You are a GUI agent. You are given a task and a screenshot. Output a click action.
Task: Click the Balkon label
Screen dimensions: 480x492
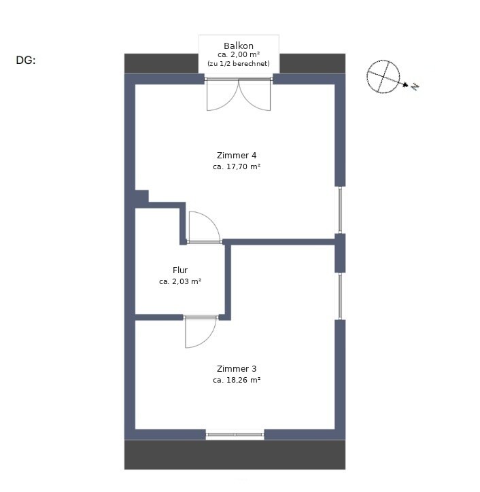239,46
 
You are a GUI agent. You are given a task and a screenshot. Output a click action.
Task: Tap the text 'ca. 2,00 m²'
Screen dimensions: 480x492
239,54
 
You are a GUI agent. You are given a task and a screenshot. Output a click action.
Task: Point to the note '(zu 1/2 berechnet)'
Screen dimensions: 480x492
239,63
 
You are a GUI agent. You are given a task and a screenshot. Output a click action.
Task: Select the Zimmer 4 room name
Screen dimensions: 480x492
237,156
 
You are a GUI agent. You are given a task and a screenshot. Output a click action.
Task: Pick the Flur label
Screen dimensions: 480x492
180,270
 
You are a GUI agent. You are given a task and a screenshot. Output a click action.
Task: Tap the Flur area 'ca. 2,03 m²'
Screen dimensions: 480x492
180,281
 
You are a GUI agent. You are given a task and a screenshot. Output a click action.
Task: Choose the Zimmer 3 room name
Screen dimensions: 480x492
237,369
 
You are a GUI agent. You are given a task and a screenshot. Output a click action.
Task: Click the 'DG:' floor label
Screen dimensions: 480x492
26,60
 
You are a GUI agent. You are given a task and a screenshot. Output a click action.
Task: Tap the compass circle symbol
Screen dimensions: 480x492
383,77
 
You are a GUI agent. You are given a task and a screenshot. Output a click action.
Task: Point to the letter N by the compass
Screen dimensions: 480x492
415,86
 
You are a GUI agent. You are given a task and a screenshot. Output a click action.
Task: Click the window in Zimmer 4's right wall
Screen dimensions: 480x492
340,210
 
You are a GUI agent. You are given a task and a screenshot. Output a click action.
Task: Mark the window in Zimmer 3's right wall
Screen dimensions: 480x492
340,296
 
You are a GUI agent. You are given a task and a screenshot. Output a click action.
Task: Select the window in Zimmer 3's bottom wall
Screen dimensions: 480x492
235,435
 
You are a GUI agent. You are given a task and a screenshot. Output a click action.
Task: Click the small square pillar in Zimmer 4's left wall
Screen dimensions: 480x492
142,196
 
